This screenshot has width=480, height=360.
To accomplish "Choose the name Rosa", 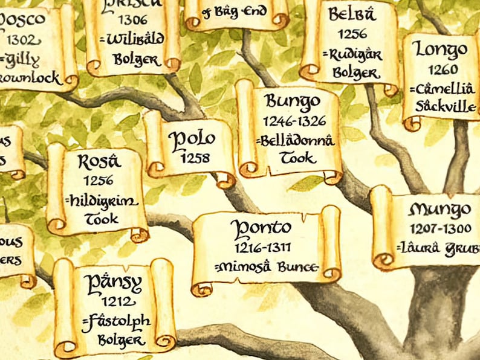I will (x=100, y=161).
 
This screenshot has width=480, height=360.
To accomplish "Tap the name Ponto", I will (x=263, y=228).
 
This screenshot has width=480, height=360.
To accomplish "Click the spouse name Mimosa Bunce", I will (x=267, y=266).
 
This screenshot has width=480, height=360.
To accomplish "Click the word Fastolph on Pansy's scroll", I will (x=117, y=321).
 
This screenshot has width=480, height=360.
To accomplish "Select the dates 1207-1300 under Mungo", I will (x=439, y=229).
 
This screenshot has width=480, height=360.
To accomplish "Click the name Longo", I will (x=442, y=50).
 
